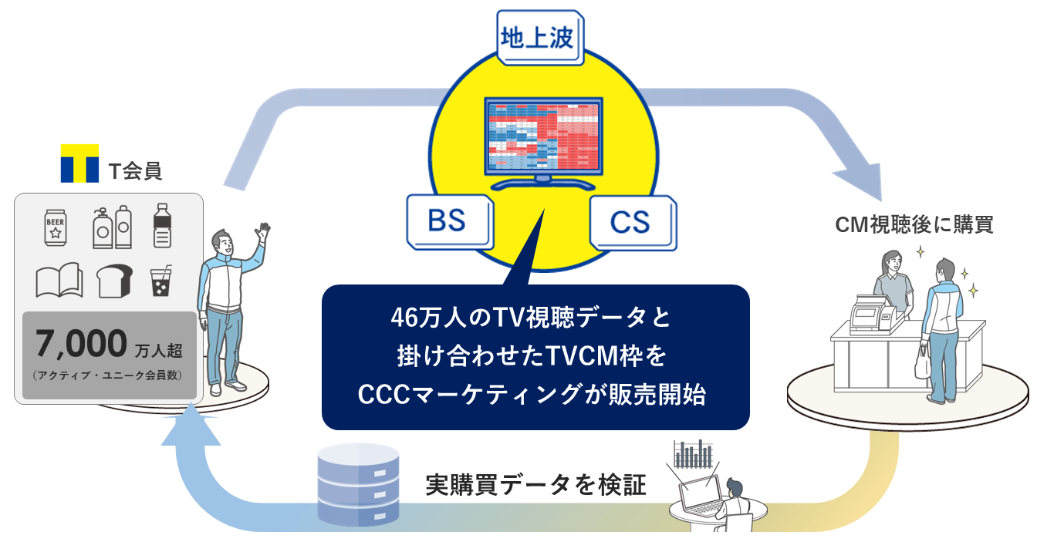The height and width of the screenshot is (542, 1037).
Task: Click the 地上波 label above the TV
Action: point(539,38)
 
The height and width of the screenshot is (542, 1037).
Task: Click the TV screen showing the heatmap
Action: point(542,136)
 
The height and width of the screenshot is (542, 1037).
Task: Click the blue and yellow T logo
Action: point(80,163)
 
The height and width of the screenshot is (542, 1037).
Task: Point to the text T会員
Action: point(135,171)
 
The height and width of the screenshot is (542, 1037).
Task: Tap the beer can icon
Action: point(56,227)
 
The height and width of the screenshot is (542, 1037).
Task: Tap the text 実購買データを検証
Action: point(535,485)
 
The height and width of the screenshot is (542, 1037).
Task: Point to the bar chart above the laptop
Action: point(694,454)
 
